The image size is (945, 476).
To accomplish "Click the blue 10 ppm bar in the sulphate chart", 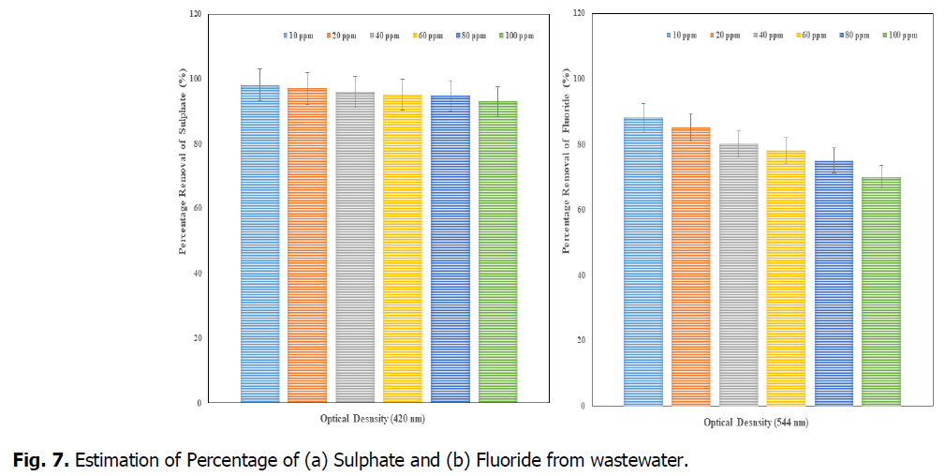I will click(x=259, y=244).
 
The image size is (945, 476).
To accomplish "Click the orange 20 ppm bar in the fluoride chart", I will click(x=690, y=266).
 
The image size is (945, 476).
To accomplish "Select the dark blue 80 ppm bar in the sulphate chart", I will click(x=450, y=248).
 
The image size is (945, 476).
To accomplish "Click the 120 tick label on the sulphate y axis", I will click(x=194, y=14).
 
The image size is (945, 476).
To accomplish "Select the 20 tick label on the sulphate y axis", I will click(x=196, y=338).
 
